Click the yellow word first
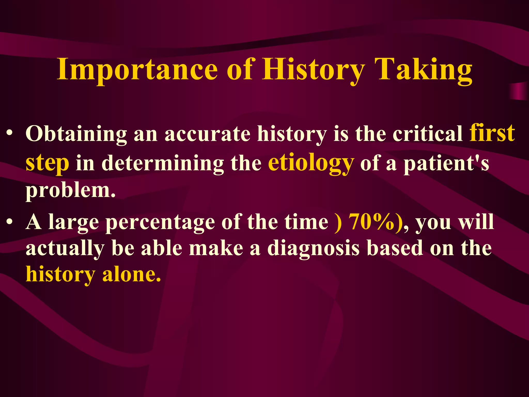pos(492,133)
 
